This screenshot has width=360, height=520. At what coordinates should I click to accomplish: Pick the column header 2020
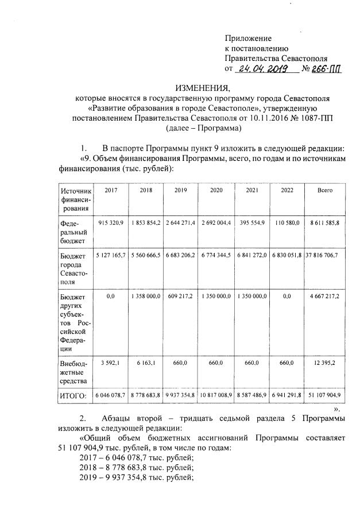coord(216,190)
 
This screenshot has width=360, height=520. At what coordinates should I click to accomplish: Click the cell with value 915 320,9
coord(111,222)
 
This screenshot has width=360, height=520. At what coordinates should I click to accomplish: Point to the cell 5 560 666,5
coord(146,255)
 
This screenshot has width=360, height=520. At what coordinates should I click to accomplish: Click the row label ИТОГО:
coord(73,396)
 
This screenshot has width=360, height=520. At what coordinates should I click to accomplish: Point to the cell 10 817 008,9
coord(216,396)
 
